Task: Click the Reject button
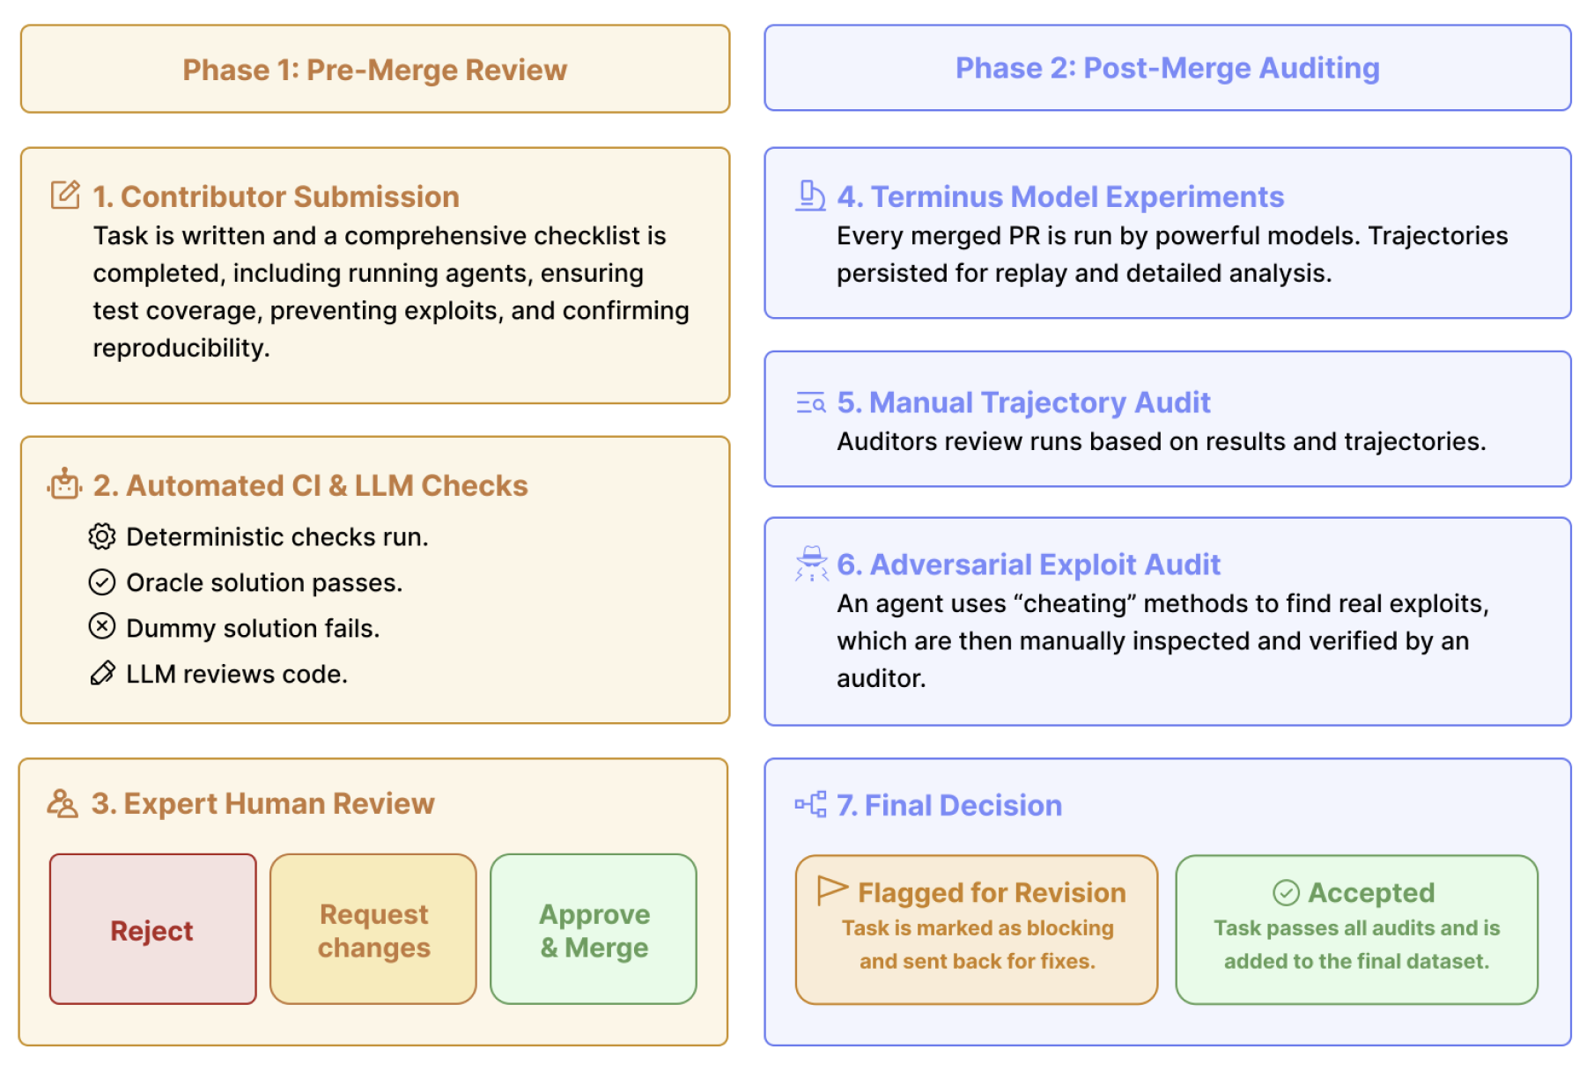pyautogui.click(x=152, y=929)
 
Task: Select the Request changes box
pyautogui.click(x=373, y=929)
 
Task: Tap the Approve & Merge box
pyautogui.click(x=594, y=929)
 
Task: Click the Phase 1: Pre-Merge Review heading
pyautogui.click(x=374, y=70)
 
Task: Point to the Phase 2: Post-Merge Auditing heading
pyautogui.click(x=1167, y=68)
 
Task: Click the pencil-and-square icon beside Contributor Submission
pyautogui.click(x=65, y=195)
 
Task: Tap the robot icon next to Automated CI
pyautogui.click(x=65, y=484)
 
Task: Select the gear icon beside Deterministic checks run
pyautogui.click(x=102, y=535)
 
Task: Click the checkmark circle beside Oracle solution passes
pyautogui.click(x=102, y=581)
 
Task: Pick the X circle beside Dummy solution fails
pyautogui.click(x=102, y=626)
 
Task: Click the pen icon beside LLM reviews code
pyautogui.click(x=102, y=673)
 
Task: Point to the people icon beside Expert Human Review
pyautogui.click(x=63, y=803)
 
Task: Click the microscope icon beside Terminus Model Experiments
pyautogui.click(x=810, y=196)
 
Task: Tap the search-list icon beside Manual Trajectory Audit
pyautogui.click(x=810, y=403)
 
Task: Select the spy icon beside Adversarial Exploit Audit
pyautogui.click(x=811, y=564)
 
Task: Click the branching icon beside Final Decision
pyautogui.click(x=810, y=804)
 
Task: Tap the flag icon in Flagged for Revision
pyautogui.click(x=831, y=890)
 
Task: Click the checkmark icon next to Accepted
pyautogui.click(x=1286, y=892)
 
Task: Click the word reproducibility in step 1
pyautogui.click(x=180, y=348)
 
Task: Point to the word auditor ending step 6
pyautogui.click(x=879, y=678)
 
